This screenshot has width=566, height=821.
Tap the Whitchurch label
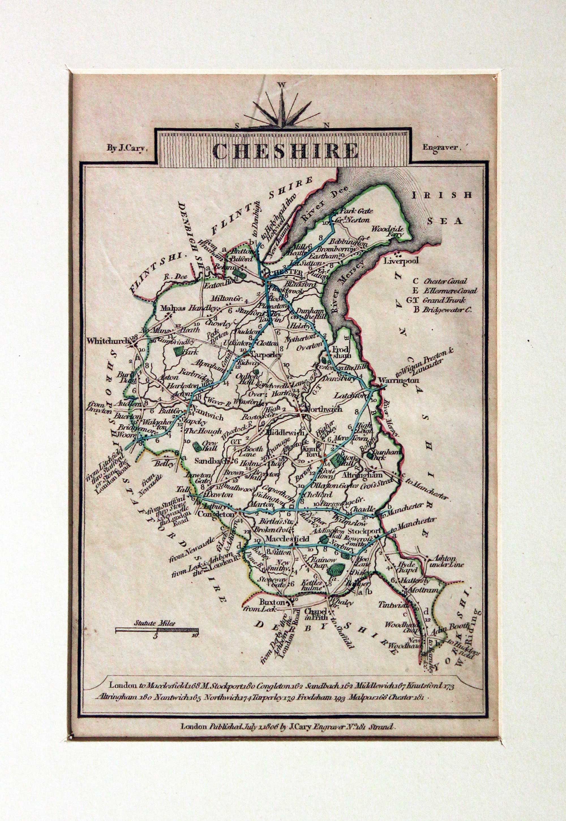[x=108, y=341]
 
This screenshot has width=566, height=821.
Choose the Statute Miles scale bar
[x=157, y=630]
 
